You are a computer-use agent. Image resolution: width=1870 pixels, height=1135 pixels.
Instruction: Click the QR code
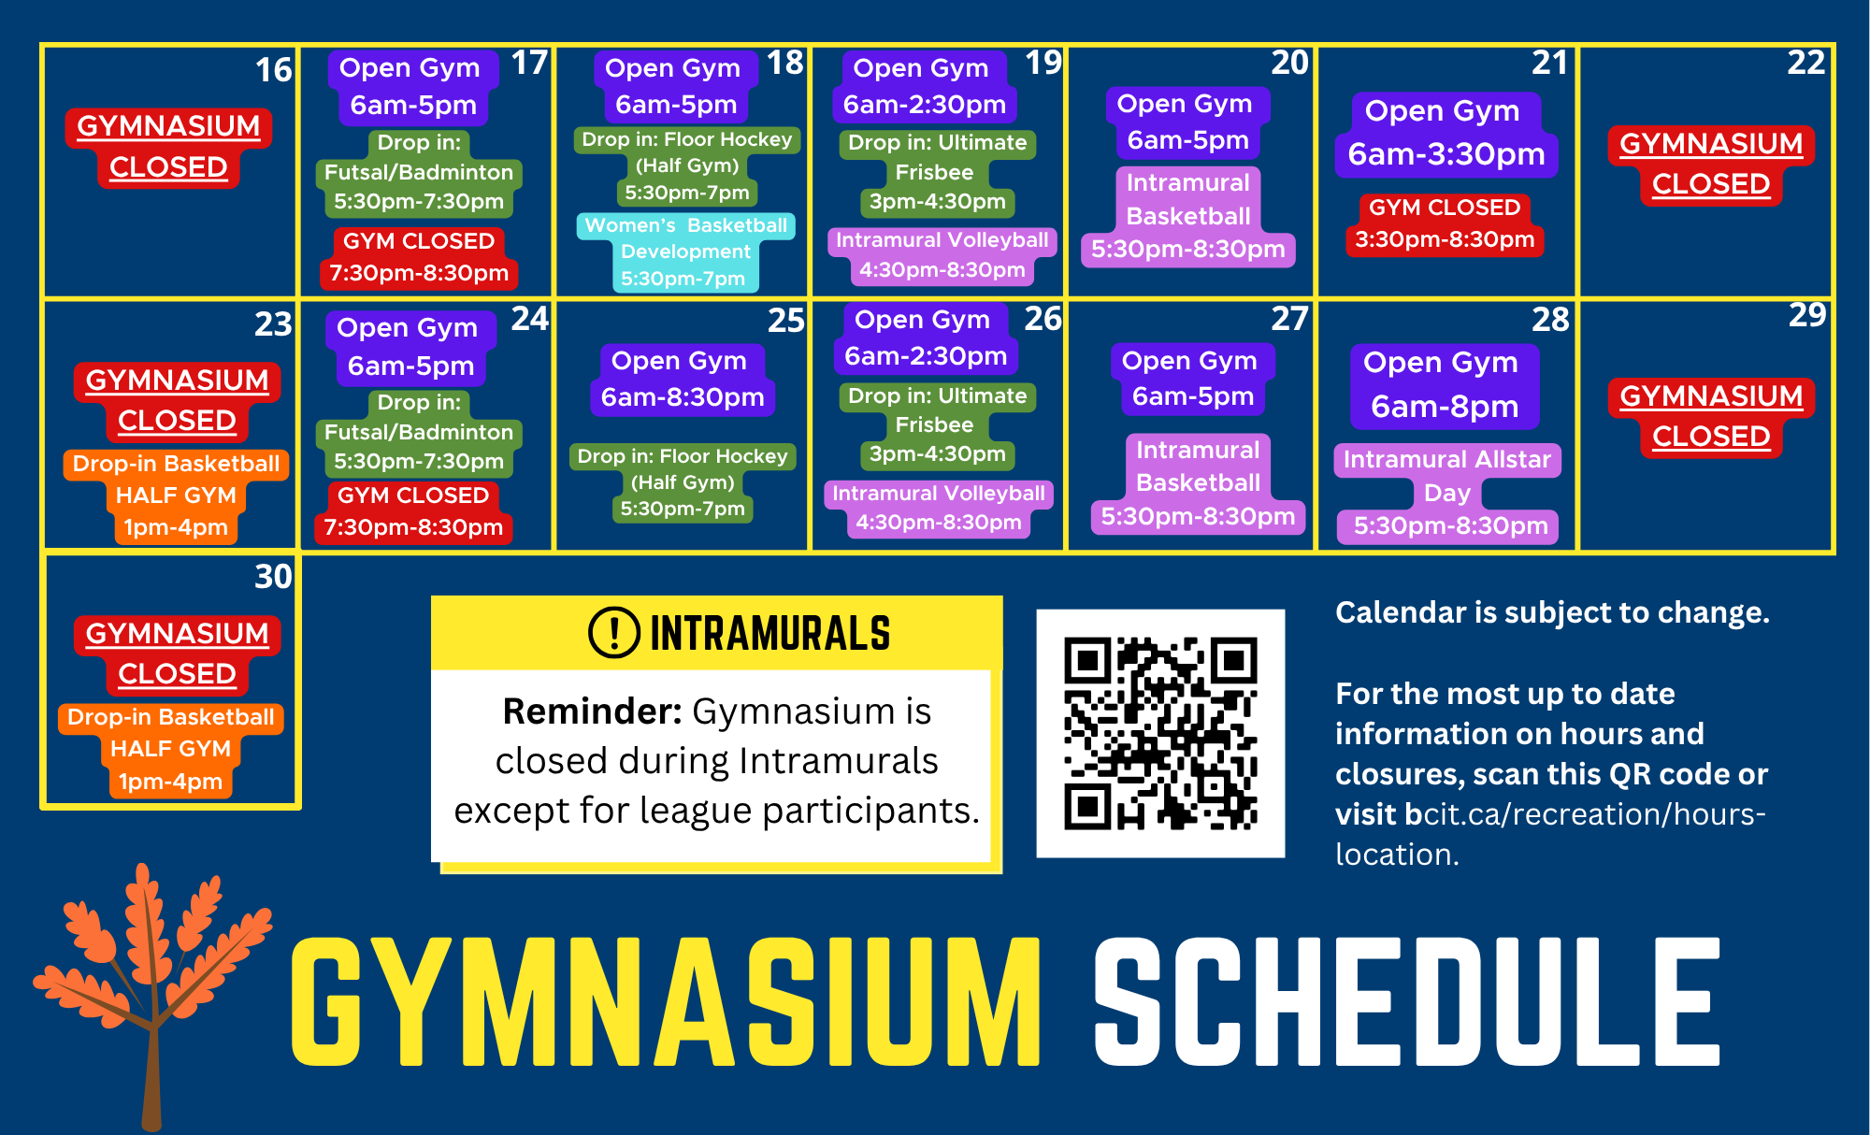1160,734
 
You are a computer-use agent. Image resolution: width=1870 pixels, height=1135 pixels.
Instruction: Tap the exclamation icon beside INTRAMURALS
614,632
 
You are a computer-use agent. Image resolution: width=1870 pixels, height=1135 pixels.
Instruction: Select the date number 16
274,70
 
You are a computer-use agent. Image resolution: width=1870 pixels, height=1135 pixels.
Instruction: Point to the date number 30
274,576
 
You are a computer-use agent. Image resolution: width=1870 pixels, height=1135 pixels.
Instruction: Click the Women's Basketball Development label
685,251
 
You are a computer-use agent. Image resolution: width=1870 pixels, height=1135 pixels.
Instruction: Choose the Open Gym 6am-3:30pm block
1446,134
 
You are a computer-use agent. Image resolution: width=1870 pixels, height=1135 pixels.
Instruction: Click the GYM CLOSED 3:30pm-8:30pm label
1445,223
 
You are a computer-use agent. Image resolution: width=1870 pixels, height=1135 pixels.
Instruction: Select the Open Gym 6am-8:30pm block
682,380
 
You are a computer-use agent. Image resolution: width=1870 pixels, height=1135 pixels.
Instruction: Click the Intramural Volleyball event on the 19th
942,255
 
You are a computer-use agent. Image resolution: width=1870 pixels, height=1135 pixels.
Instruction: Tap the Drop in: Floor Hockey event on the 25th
683,482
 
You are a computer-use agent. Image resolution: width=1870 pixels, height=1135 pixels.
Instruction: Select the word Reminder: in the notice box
593,711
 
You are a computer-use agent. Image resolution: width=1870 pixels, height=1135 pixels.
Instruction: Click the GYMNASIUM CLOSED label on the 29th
1711,417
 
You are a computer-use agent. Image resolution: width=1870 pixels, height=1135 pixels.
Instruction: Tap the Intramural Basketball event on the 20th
1188,216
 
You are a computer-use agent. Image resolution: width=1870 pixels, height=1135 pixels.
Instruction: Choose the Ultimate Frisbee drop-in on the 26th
937,425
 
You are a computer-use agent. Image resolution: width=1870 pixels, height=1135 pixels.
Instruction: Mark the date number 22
1806,63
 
